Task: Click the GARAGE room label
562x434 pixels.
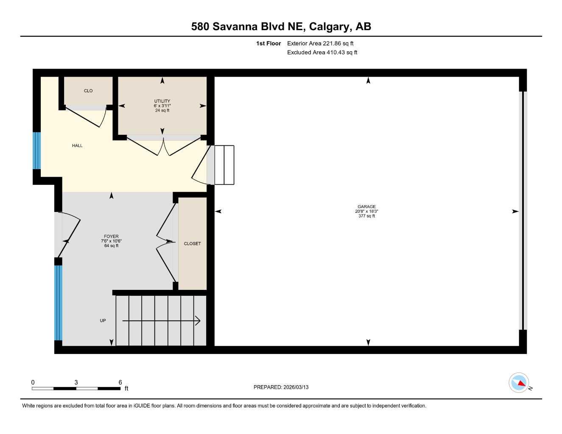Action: (x=366, y=206)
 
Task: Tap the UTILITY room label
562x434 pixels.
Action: (x=162, y=101)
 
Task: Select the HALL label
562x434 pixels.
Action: (x=77, y=145)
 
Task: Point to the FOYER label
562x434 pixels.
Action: (x=111, y=236)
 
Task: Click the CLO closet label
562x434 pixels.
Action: (x=88, y=91)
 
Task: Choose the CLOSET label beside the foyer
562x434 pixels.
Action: (x=192, y=243)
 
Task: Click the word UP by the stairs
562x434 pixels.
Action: (x=103, y=320)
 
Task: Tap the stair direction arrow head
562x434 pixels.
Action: (x=198, y=321)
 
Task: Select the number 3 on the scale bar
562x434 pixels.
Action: (x=76, y=382)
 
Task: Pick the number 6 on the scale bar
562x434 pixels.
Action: (x=120, y=382)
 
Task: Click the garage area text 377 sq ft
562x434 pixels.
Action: (x=366, y=216)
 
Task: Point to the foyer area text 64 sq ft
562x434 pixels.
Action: (x=111, y=246)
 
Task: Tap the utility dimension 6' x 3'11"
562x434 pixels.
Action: (x=162, y=106)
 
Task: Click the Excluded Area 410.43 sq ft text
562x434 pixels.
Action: (x=322, y=52)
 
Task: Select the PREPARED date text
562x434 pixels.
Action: (x=281, y=387)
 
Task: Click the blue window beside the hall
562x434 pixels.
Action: (x=37, y=150)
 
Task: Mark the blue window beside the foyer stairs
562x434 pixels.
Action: (x=58, y=303)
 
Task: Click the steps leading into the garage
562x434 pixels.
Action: (x=224, y=165)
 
